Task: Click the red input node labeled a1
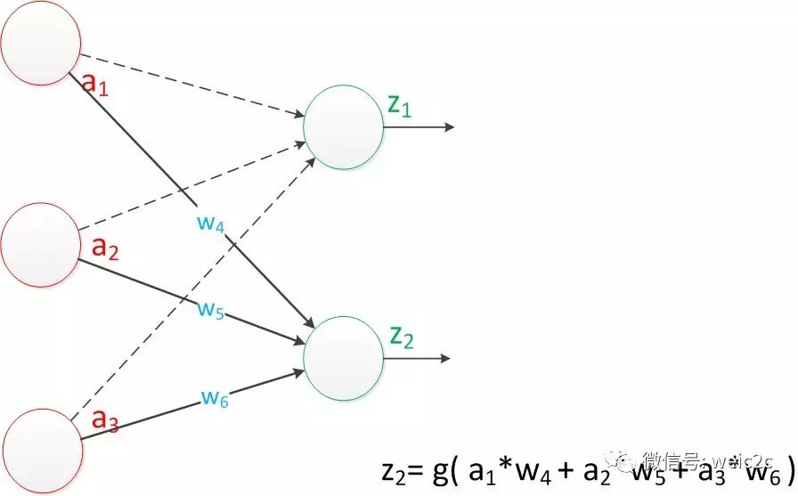pos(40,44)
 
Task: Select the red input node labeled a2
pos(41,243)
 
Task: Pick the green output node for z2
pos(344,359)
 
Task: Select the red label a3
pos(106,419)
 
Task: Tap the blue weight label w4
pos(211,224)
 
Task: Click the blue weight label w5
pos(211,310)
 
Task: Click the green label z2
pos(402,336)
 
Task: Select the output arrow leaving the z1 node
pos(419,127)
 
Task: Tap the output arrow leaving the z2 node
pos(419,359)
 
